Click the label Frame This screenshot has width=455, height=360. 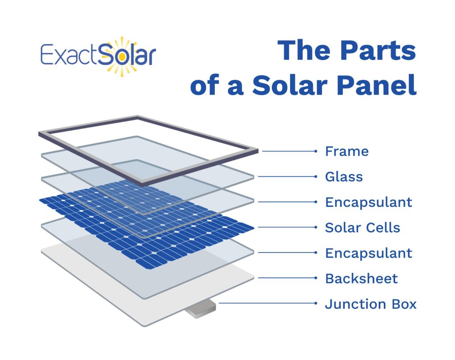point(347,152)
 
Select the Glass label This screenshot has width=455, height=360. point(344,177)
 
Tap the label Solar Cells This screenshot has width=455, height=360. point(363,228)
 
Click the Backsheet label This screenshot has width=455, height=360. point(361,279)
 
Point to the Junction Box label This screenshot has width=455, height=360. point(371,304)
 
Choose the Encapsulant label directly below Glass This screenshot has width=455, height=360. point(368,202)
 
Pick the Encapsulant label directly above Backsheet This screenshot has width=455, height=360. point(368,253)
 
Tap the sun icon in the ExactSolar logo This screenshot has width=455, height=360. point(121,55)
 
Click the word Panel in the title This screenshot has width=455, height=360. point(377,85)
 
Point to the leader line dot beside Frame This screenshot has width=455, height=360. point(315,152)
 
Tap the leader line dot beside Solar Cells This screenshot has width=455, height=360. point(315,228)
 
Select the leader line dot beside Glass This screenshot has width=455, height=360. point(315,177)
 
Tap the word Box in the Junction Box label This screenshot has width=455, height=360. point(403,304)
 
